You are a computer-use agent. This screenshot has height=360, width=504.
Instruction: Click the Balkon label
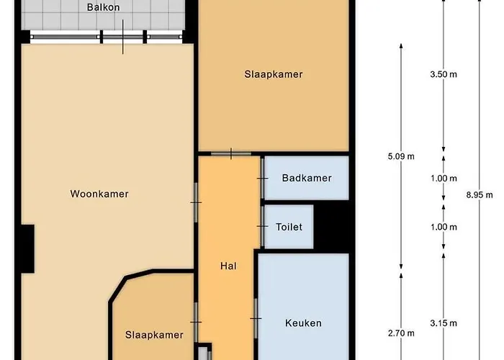103,8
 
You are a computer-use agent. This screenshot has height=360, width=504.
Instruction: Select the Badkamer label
307,178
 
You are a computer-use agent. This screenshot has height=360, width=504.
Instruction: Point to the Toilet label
289,227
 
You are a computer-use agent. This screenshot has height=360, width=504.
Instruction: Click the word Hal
228,266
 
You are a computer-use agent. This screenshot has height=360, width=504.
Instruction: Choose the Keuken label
303,323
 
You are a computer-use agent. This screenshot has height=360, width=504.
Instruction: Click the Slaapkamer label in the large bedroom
273,74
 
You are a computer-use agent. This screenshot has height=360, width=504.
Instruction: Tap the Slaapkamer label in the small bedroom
154,335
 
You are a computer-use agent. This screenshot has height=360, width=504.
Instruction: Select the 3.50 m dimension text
443,75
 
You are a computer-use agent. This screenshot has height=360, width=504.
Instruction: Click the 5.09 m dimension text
400,156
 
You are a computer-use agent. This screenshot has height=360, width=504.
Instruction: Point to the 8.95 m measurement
480,194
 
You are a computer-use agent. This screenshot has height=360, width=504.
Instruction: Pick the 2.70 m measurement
400,333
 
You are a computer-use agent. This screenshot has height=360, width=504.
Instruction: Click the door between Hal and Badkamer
261,177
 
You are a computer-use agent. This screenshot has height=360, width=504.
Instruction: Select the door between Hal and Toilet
261,227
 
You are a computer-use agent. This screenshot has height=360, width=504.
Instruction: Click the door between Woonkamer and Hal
196,202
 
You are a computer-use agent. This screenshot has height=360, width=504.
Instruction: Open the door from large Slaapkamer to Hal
230,153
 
